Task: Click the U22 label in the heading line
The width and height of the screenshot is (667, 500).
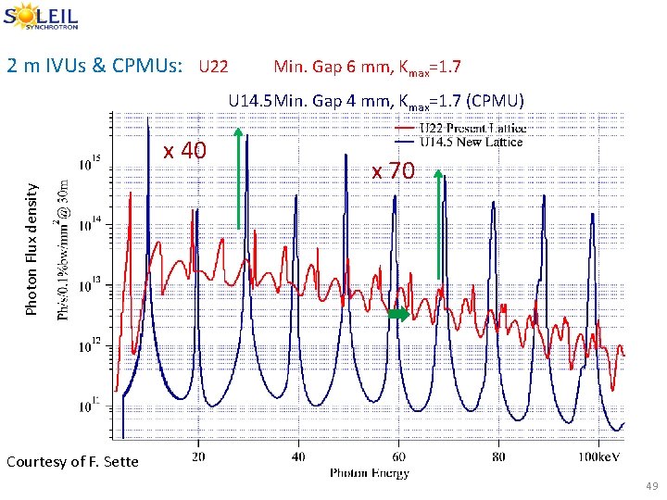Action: pos(213,68)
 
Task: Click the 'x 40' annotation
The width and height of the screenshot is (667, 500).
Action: pos(184,150)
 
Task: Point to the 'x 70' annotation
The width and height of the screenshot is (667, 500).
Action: pos(394,171)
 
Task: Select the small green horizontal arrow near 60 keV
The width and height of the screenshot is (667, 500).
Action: pos(397,315)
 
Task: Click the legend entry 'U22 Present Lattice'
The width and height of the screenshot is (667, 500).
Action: pos(472,128)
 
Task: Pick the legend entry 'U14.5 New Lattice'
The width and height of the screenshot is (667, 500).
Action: pos(470,141)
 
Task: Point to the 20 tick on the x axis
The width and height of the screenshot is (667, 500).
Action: pos(198,456)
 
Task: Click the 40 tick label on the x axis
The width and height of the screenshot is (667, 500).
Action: pos(298,456)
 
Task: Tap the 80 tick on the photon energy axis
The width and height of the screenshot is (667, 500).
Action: pos(498,456)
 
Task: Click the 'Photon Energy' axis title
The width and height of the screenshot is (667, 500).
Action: pos(369,473)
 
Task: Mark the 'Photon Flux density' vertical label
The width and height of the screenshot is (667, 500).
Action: pos(32,247)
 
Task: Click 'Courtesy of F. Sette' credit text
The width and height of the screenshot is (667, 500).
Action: pos(71,461)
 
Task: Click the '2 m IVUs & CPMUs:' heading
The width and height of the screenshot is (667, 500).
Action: pos(94,67)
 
